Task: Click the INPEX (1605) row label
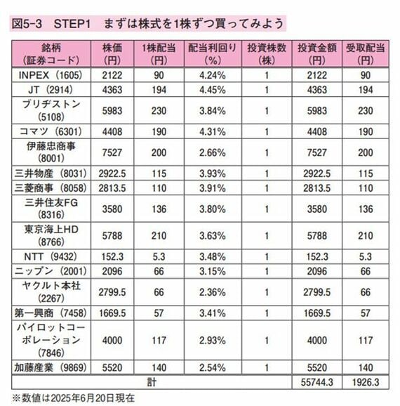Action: (51, 75)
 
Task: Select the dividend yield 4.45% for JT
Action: (213, 90)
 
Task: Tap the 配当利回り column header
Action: (213, 54)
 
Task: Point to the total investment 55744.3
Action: (317, 382)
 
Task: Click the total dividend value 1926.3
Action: (366, 382)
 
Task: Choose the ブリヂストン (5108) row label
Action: (51, 110)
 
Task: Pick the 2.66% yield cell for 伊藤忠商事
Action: (213, 152)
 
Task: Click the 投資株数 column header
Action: (267, 54)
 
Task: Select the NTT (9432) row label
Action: (51, 257)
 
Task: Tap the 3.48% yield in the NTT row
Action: (213, 257)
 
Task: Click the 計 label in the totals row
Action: (152, 382)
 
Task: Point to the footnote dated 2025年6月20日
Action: (74, 398)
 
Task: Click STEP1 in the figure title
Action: (72, 24)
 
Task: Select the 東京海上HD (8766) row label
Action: (51, 235)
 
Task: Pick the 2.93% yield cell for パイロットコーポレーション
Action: (213, 341)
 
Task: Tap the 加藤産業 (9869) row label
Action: (51, 367)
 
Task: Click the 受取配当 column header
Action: (366, 54)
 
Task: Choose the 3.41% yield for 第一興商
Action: (213, 313)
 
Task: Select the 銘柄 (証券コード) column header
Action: (51, 54)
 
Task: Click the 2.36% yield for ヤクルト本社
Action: (213, 292)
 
